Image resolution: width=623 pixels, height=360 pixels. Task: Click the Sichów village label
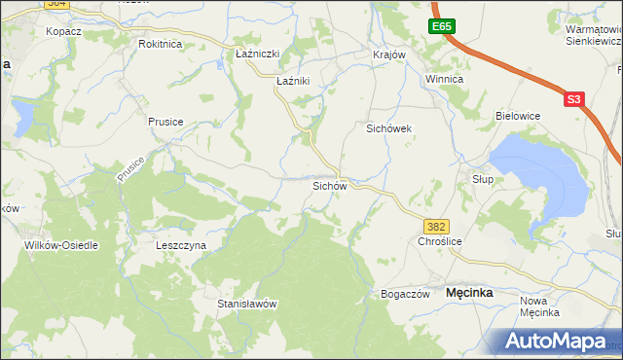coord(329,185)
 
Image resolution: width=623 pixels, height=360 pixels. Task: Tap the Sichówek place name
coord(390,128)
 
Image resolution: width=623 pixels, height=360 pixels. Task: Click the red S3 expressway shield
coord(573,99)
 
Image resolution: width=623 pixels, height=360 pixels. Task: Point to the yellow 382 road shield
coord(437,226)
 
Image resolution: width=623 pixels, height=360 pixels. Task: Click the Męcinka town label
coord(469,292)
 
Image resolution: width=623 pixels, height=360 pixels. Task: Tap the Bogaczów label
coord(405,294)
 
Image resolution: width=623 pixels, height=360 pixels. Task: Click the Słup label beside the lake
coord(483,179)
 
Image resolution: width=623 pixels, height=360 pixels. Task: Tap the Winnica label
coord(443,79)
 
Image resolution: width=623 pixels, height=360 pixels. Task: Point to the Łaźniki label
coord(293,82)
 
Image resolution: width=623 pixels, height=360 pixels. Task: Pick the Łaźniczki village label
coord(258,54)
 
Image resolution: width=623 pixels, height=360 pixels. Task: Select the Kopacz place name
coord(62,31)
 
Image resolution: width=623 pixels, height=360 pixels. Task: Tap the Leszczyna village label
coord(181,246)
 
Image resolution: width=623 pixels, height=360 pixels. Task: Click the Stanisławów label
coord(247,304)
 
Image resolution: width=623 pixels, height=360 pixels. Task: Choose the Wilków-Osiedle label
coord(61,246)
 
